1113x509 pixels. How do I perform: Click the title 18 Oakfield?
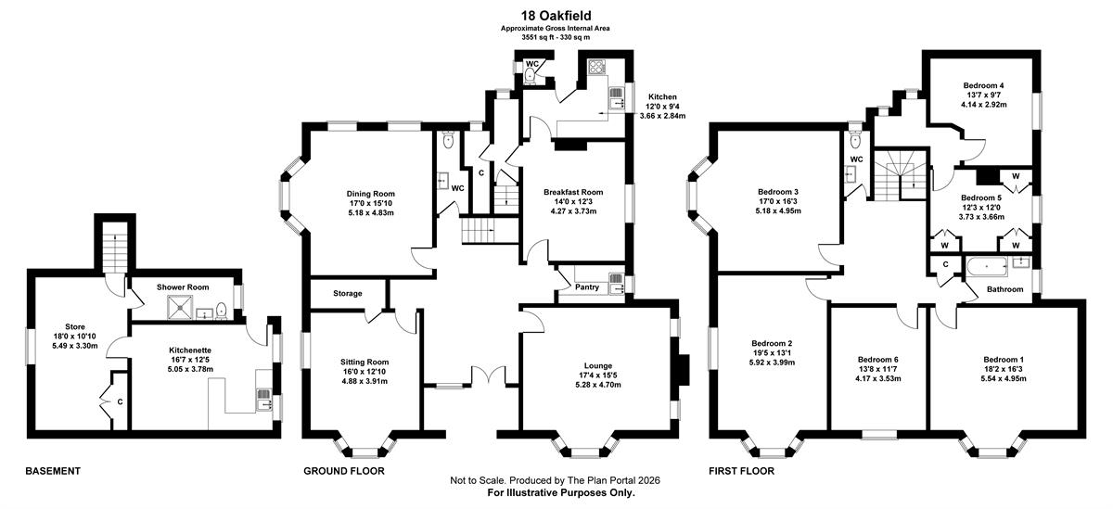(x=555, y=16)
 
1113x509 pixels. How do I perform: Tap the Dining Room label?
(x=371, y=194)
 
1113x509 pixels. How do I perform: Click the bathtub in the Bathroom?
(x=987, y=267)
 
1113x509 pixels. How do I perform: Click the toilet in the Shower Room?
(x=222, y=311)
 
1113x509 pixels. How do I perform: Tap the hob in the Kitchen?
(x=595, y=67)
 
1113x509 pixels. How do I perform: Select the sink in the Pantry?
(x=616, y=283)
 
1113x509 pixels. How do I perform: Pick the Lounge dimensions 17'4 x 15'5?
(x=597, y=375)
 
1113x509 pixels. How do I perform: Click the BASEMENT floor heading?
(x=53, y=471)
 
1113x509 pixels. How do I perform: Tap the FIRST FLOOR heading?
(x=741, y=471)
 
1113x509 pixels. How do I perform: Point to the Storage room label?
(x=347, y=294)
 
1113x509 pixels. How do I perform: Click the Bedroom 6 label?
(x=878, y=360)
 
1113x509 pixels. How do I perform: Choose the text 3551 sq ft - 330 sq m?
(x=556, y=37)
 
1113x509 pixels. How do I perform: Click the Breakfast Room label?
(x=573, y=192)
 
